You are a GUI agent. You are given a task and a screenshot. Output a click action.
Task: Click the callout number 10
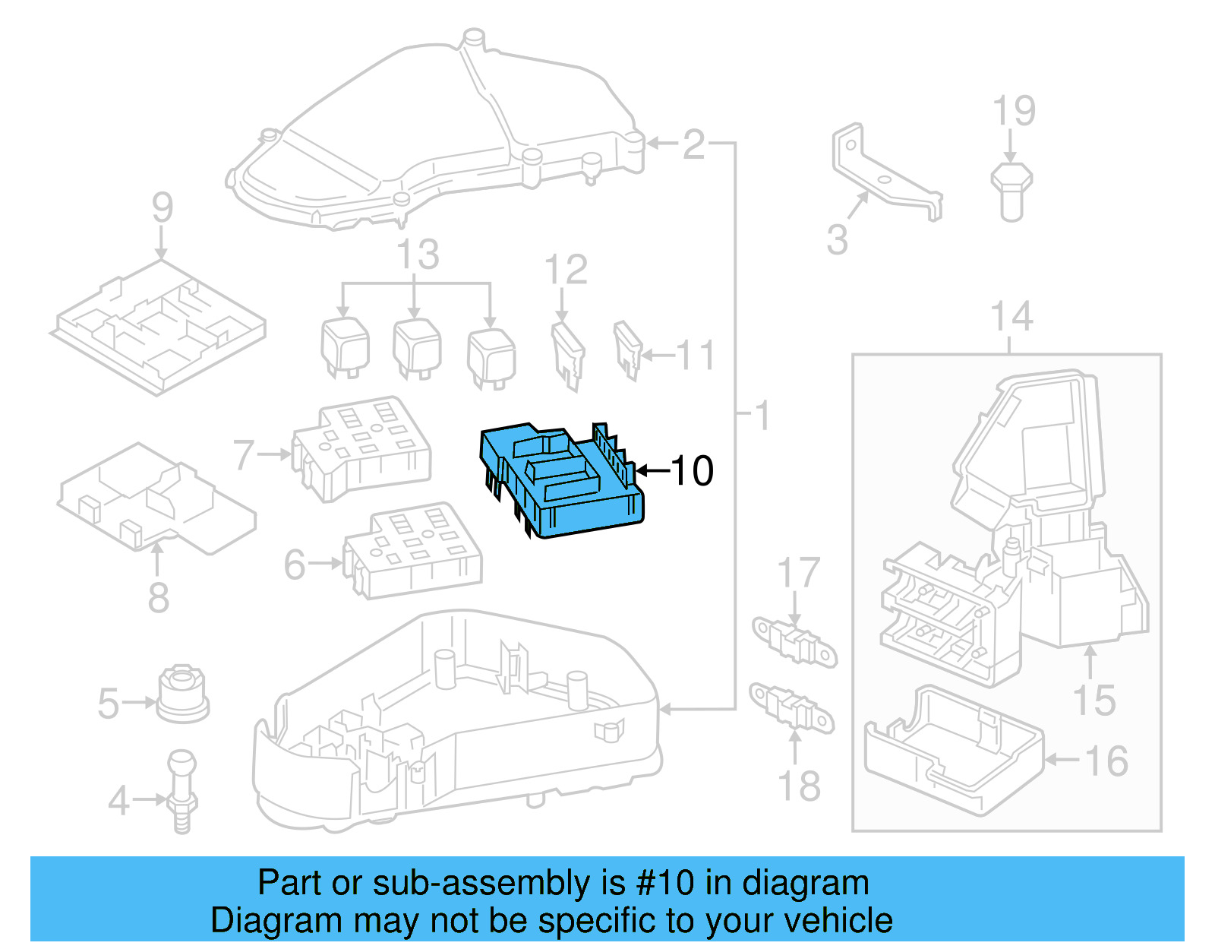(692, 471)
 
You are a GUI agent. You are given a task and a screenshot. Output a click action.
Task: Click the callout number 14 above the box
(1011, 317)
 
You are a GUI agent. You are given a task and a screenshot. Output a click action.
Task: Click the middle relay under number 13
(417, 348)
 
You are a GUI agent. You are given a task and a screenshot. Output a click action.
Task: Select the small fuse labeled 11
(627, 350)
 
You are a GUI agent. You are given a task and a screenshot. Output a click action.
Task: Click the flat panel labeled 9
(159, 327)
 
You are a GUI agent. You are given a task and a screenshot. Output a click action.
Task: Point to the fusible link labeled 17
(794, 642)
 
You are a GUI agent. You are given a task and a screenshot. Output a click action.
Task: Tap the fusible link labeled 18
(792, 707)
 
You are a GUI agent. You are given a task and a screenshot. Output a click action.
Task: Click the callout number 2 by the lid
(693, 144)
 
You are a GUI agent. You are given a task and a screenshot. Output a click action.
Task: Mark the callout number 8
(158, 598)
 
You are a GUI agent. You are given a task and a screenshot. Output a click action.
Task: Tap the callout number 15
(1093, 700)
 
